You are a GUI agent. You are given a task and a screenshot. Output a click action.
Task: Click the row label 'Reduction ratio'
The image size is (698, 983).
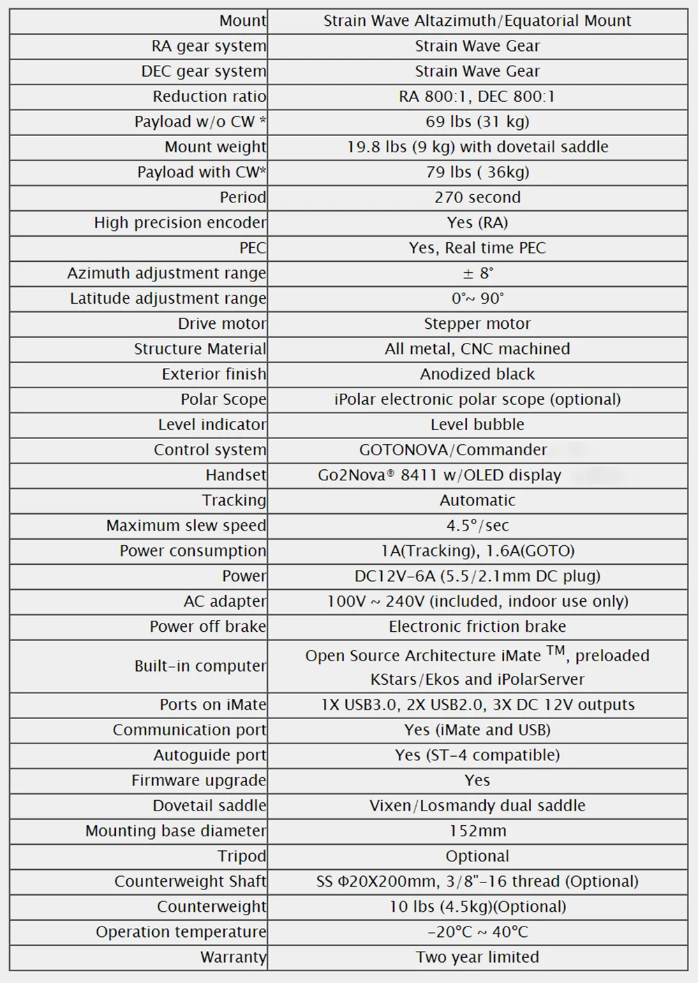pyautogui.click(x=209, y=96)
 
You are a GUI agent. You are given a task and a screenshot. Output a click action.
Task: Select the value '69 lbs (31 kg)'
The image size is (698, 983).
pyautogui.click(x=477, y=121)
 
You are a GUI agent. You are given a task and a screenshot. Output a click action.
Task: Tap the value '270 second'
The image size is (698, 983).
pyautogui.click(x=477, y=197)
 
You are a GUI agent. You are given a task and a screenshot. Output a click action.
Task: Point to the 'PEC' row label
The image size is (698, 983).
pyautogui.click(x=253, y=248)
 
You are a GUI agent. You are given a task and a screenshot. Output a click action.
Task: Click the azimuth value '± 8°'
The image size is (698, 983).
pyautogui.click(x=477, y=273)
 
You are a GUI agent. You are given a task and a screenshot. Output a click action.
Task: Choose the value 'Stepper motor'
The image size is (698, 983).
pyautogui.click(x=477, y=323)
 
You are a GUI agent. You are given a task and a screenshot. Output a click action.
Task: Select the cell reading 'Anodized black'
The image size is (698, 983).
pyautogui.click(x=477, y=374)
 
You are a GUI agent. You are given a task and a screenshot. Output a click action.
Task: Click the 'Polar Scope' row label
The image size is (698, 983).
pyautogui.click(x=223, y=399)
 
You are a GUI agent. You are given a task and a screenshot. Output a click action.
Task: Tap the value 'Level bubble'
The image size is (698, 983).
pyautogui.click(x=477, y=424)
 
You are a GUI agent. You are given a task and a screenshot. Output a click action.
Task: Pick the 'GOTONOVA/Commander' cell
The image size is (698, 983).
pyautogui.click(x=453, y=450)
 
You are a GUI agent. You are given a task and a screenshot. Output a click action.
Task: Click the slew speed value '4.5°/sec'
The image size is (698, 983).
pyautogui.click(x=477, y=525)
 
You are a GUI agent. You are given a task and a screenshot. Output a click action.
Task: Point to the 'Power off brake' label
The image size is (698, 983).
pyautogui.click(x=208, y=626)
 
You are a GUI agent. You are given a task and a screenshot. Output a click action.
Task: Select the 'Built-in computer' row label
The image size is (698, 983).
pyautogui.click(x=200, y=666)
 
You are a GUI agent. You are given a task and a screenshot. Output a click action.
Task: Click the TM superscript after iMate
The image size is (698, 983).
pyautogui.click(x=556, y=651)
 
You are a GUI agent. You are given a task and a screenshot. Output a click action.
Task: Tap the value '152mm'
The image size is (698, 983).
pyautogui.click(x=477, y=831)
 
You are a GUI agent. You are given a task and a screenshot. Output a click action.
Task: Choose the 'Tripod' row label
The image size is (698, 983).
pyautogui.click(x=242, y=856)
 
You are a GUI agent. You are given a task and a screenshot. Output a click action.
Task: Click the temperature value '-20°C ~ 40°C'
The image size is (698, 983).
pyautogui.click(x=477, y=931)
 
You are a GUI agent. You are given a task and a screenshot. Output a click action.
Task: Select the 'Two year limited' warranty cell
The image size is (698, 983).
pyautogui.click(x=477, y=957)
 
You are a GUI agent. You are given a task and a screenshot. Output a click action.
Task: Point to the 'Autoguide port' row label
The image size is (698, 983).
pyautogui.click(x=210, y=755)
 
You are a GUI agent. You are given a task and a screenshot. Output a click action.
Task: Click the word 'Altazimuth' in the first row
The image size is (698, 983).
pyautogui.click(x=453, y=21)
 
